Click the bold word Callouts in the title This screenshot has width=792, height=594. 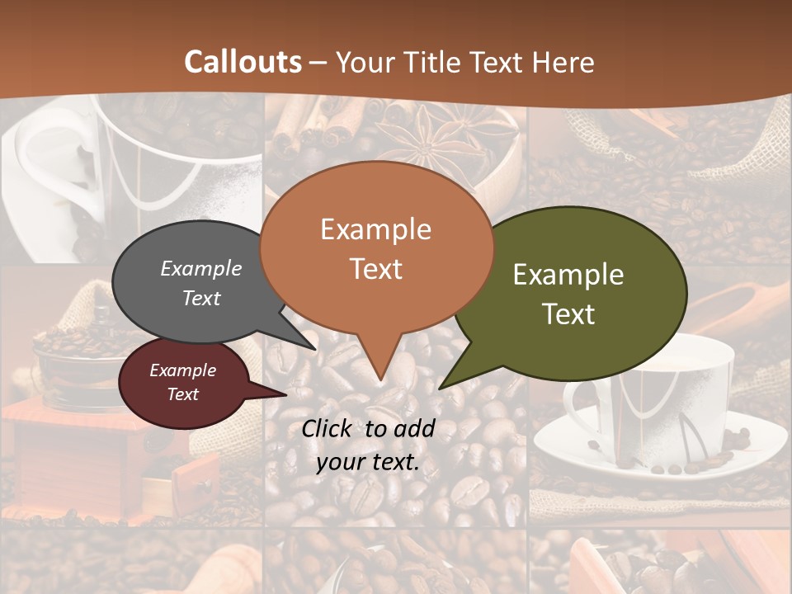point(243,62)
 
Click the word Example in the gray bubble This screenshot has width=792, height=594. point(201,269)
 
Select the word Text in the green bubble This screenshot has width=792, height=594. point(568,313)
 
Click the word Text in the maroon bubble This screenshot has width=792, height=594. point(183,394)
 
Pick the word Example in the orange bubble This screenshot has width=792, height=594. point(375,229)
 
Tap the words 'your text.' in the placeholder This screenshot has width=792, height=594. point(368,463)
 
